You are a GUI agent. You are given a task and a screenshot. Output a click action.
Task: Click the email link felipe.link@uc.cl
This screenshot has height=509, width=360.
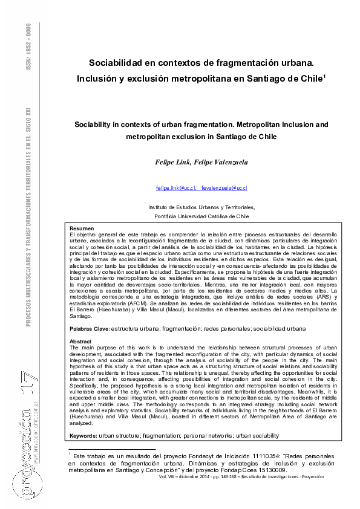pyautogui.click(x=175, y=189)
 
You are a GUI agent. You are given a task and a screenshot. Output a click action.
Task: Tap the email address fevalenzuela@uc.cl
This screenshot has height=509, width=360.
pyautogui.click(x=224, y=189)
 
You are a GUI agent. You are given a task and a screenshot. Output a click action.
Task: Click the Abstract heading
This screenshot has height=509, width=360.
pyautogui.click(x=81, y=342)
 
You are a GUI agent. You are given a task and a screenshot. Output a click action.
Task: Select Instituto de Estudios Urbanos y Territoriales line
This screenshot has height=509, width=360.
pyautogui.click(x=202, y=207)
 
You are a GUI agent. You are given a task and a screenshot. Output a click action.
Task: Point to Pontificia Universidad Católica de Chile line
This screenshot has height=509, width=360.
pyautogui.click(x=202, y=215)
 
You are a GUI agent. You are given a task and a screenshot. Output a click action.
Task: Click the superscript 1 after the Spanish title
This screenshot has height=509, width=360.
pyautogui.click(x=325, y=76)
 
